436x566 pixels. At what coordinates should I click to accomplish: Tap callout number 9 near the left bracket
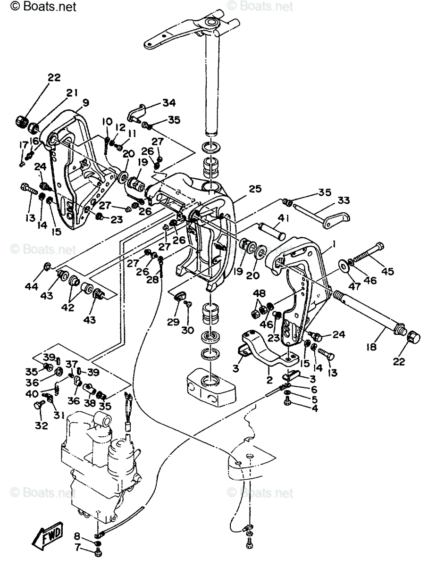coord(86,103)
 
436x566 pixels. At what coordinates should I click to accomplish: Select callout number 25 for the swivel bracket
coord(255,189)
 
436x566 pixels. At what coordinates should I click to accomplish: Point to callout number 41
coord(283,218)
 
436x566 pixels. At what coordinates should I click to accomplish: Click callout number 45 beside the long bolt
coord(387,271)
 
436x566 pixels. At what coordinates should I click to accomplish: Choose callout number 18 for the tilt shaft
coord(371,347)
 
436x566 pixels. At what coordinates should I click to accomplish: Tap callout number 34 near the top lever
coord(169,103)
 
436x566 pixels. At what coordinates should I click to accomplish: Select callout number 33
coord(344,200)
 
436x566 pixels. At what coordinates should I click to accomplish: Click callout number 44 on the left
coord(32,286)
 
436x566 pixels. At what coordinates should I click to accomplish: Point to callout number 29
coord(173,322)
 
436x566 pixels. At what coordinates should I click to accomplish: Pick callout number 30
coord(187,330)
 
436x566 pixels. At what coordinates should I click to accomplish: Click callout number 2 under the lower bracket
coord(269,380)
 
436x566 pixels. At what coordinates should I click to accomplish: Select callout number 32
coord(42,425)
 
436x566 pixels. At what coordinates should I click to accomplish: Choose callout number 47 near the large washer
coord(354,286)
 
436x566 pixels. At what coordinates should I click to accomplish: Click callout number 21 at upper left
coord(72,93)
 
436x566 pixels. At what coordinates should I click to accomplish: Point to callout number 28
coord(152,280)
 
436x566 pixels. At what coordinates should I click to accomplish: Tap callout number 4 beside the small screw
coord(315,408)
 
